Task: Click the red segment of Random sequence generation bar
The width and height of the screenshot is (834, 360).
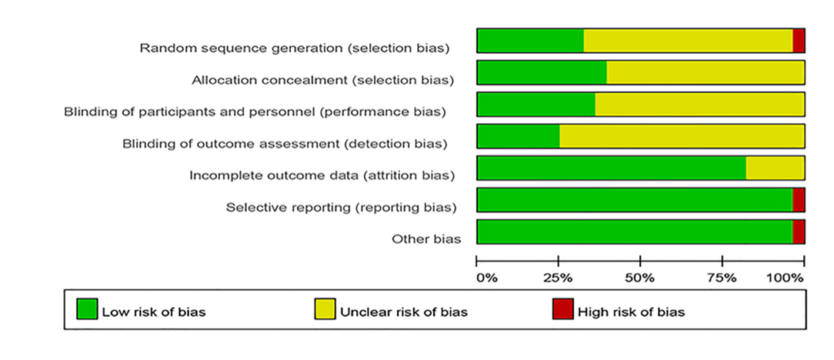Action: pyautogui.click(x=798, y=41)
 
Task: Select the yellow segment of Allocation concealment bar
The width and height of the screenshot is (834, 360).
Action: pyautogui.click(x=705, y=72)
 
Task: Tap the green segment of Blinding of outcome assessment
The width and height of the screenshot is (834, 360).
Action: pyautogui.click(x=519, y=136)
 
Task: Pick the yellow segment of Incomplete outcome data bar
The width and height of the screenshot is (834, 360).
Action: pyautogui.click(x=775, y=168)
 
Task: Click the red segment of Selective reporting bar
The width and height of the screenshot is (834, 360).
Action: pyautogui.click(x=798, y=200)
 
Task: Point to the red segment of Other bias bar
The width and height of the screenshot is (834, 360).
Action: pyautogui.click(x=798, y=232)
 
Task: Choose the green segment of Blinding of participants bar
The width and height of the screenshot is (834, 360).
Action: pyautogui.click(x=536, y=104)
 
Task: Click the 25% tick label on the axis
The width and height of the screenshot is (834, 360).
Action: pyautogui.click(x=558, y=279)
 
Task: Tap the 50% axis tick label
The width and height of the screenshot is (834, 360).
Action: pyautogui.click(x=640, y=279)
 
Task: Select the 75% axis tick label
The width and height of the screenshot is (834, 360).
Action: pyautogui.click(x=722, y=279)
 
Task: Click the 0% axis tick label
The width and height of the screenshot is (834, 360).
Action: pyautogui.click(x=487, y=279)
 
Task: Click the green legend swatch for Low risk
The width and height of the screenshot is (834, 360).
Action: pyautogui.click(x=87, y=309)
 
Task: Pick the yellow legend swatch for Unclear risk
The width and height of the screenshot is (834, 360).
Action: pyautogui.click(x=325, y=309)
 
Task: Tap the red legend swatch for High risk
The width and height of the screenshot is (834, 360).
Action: pyautogui.click(x=563, y=309)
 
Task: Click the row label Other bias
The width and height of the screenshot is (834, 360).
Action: pyautogui.click(x=427, y=239)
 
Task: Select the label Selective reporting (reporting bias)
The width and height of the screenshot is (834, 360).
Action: pyautogui.click(x=341, y=208)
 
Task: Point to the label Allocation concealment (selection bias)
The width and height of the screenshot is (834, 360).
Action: pyautogui.click(x=323, y=81)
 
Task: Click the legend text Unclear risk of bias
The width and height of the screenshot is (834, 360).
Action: pyautogui.click(x=404, y=312)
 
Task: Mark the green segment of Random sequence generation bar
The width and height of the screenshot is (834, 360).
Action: pyautogui.click(x=531, y=41)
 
